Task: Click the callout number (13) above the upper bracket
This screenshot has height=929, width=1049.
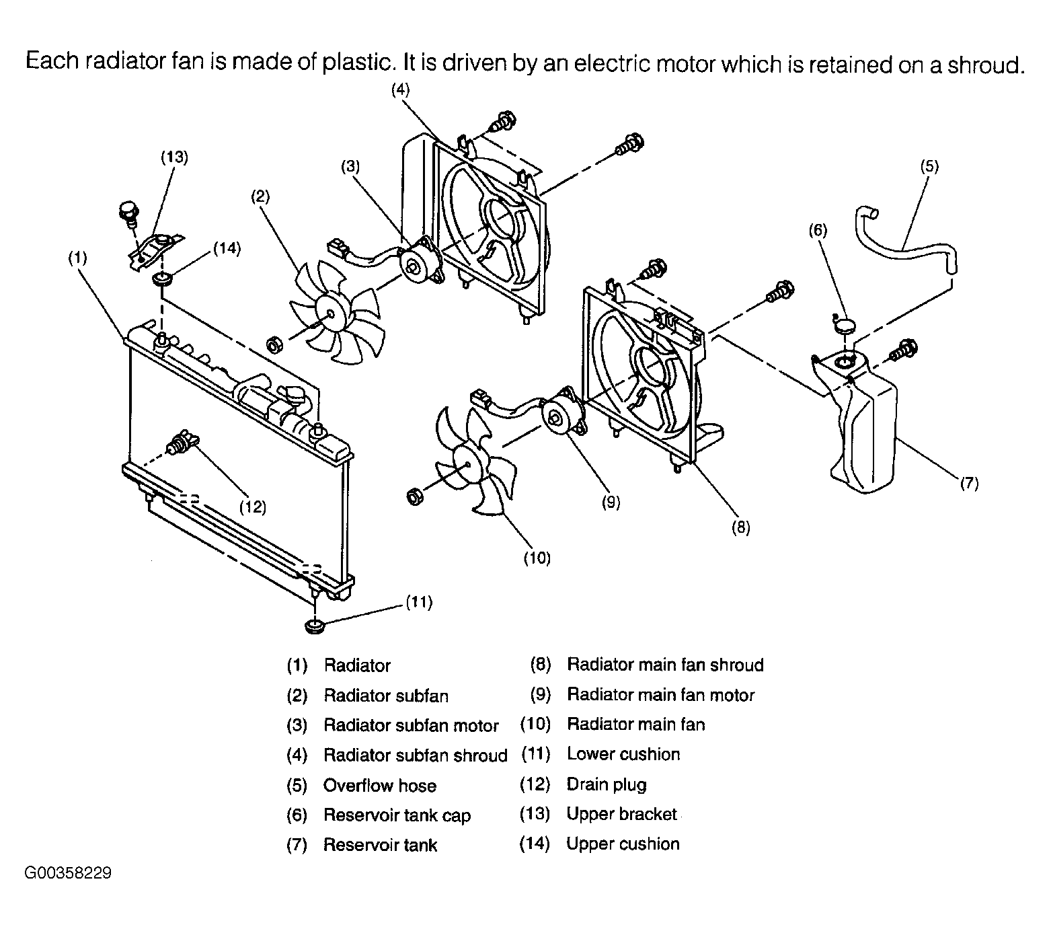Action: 174,157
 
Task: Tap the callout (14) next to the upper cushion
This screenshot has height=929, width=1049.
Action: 227,248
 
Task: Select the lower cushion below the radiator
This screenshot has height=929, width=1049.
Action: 314,627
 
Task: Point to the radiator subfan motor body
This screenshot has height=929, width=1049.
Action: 417,261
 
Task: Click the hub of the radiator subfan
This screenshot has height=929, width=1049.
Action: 331,315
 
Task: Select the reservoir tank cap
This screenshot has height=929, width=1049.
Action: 844,326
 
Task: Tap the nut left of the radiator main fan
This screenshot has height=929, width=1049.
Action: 416,496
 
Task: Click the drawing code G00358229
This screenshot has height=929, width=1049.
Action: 68,874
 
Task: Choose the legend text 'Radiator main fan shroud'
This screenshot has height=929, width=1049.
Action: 665,665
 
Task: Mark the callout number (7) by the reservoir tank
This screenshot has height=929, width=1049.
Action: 968,482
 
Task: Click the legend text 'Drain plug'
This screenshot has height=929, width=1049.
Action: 607,784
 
